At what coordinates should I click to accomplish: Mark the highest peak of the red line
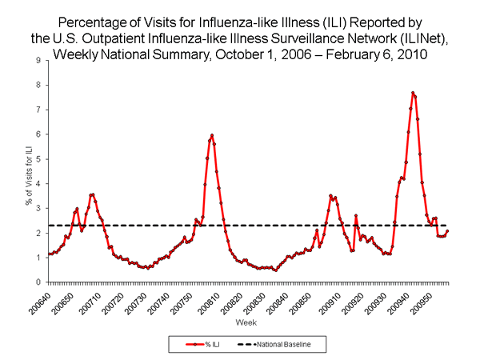(413, 93)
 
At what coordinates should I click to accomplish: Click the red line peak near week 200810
(212, 135)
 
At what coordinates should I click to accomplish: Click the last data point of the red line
(448, 231)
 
